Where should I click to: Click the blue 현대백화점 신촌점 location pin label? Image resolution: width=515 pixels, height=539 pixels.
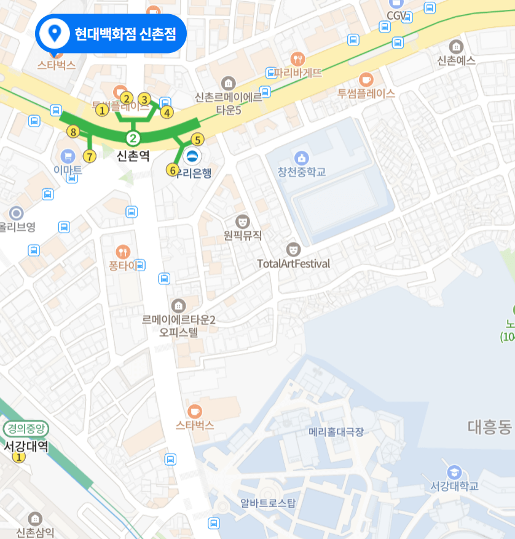pyautogui.click(x=111, y=34)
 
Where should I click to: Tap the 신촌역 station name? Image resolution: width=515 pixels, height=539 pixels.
pyautogui.click(x=133, y=156)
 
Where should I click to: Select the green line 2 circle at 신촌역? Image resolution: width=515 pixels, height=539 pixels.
pyautogui.click(x=133, y=137)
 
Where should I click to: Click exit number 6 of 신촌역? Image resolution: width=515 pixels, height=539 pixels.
pyautogui.click(x=172, y=169)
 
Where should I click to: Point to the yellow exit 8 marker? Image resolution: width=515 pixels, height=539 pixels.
pyautogui.click(x=73, y=132)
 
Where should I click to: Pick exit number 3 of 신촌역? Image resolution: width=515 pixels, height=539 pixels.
pyautogui.click(x=144, y=99)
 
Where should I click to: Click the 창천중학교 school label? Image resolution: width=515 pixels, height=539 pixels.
pyautogui.click(x=301, y=171)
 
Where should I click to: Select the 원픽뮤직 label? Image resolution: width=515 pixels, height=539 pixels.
pyautogui.click(x=243, y=235)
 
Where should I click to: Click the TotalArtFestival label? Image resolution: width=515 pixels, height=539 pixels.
pyautogui.click(x=294, y=263)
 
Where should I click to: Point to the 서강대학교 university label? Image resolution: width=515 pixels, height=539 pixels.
pyautogui.click(x=454, y=486)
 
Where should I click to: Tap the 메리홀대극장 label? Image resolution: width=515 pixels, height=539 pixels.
pyautogui.click(x=336, y=432)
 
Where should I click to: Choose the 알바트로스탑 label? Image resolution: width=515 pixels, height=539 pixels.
pyautogui.click(x=268, y=503)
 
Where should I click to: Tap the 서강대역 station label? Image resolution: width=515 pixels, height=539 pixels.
pyautogui.click(x=26, y=445)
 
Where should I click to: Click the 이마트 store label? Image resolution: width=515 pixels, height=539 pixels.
pyautogui.click(x=68, y=170)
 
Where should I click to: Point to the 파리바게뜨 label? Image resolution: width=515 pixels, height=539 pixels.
pyautogui.click(x=298, y=73)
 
